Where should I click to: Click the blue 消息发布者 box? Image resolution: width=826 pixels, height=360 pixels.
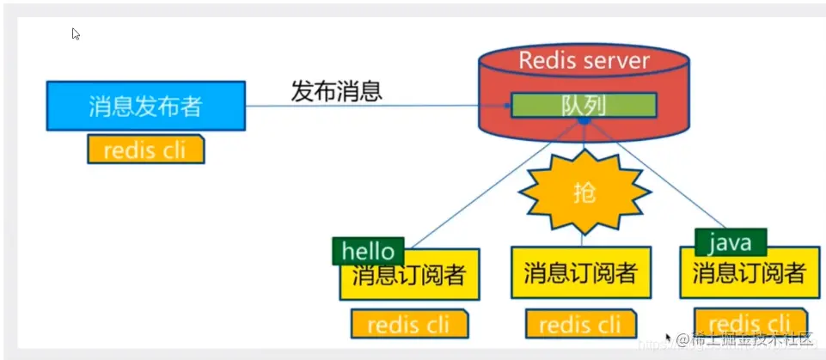[145, 106]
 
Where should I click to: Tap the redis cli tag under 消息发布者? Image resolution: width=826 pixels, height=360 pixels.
[147, 150]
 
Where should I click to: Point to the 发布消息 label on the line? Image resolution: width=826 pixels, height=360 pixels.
[336, 91]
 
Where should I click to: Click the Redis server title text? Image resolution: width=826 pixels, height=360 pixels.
[584, 61]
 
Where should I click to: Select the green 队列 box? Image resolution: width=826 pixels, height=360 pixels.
[584, 105]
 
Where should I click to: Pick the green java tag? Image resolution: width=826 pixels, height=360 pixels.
[730, 242]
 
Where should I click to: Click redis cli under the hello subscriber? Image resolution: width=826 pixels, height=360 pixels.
[409, 325]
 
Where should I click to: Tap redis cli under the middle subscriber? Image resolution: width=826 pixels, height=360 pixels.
[579, 325]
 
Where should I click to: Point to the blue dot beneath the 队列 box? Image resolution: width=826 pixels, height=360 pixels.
[583, 122]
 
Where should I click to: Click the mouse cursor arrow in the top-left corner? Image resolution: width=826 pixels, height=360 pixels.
[76, 34]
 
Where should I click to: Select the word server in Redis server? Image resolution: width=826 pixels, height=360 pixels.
[617, 61]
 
